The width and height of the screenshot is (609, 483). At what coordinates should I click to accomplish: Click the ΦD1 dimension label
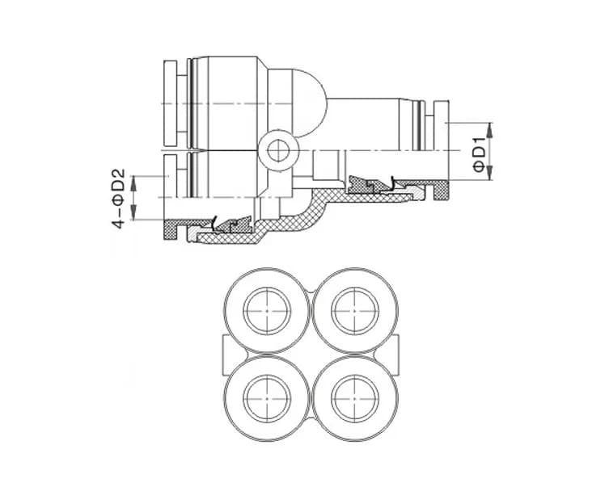pos(480,154)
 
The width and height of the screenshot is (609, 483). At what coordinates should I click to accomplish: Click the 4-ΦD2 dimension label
pos(119,198)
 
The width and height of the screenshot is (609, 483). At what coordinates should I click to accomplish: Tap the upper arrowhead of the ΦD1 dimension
pos(490,130)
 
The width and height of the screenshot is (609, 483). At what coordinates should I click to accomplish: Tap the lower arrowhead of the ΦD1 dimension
pos(490,173)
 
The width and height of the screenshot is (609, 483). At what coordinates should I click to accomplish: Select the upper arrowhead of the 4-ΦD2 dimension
pos(133,183)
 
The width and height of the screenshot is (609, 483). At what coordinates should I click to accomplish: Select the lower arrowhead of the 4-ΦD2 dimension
pos(133,212)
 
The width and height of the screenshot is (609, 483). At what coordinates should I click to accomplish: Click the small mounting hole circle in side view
pos(278,150)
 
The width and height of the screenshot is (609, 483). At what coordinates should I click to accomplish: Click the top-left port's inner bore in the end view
pos(267,311)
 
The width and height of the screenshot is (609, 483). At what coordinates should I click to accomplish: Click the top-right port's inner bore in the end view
pos(355,311)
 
